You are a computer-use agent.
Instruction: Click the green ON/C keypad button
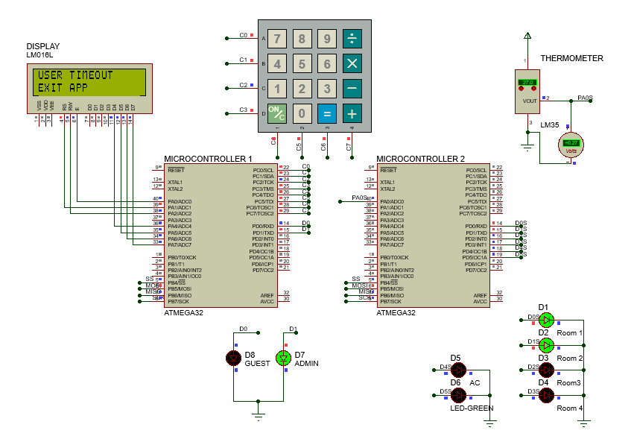277,114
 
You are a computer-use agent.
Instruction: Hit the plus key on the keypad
352,114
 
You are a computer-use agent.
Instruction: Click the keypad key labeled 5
302,64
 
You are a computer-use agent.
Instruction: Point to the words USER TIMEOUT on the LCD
75,75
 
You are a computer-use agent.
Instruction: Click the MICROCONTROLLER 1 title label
208,159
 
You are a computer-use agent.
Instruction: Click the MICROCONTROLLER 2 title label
420,159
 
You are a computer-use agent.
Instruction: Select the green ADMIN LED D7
283,359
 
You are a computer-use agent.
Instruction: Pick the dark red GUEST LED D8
233,359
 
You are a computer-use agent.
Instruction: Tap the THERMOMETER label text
571,58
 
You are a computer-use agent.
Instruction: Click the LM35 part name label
550,124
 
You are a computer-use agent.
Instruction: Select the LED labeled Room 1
547,321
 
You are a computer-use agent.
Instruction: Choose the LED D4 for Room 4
547,395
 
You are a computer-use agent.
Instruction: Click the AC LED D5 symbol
458,370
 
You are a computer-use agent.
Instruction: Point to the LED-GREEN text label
472,408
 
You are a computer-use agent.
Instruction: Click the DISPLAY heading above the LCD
43,46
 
